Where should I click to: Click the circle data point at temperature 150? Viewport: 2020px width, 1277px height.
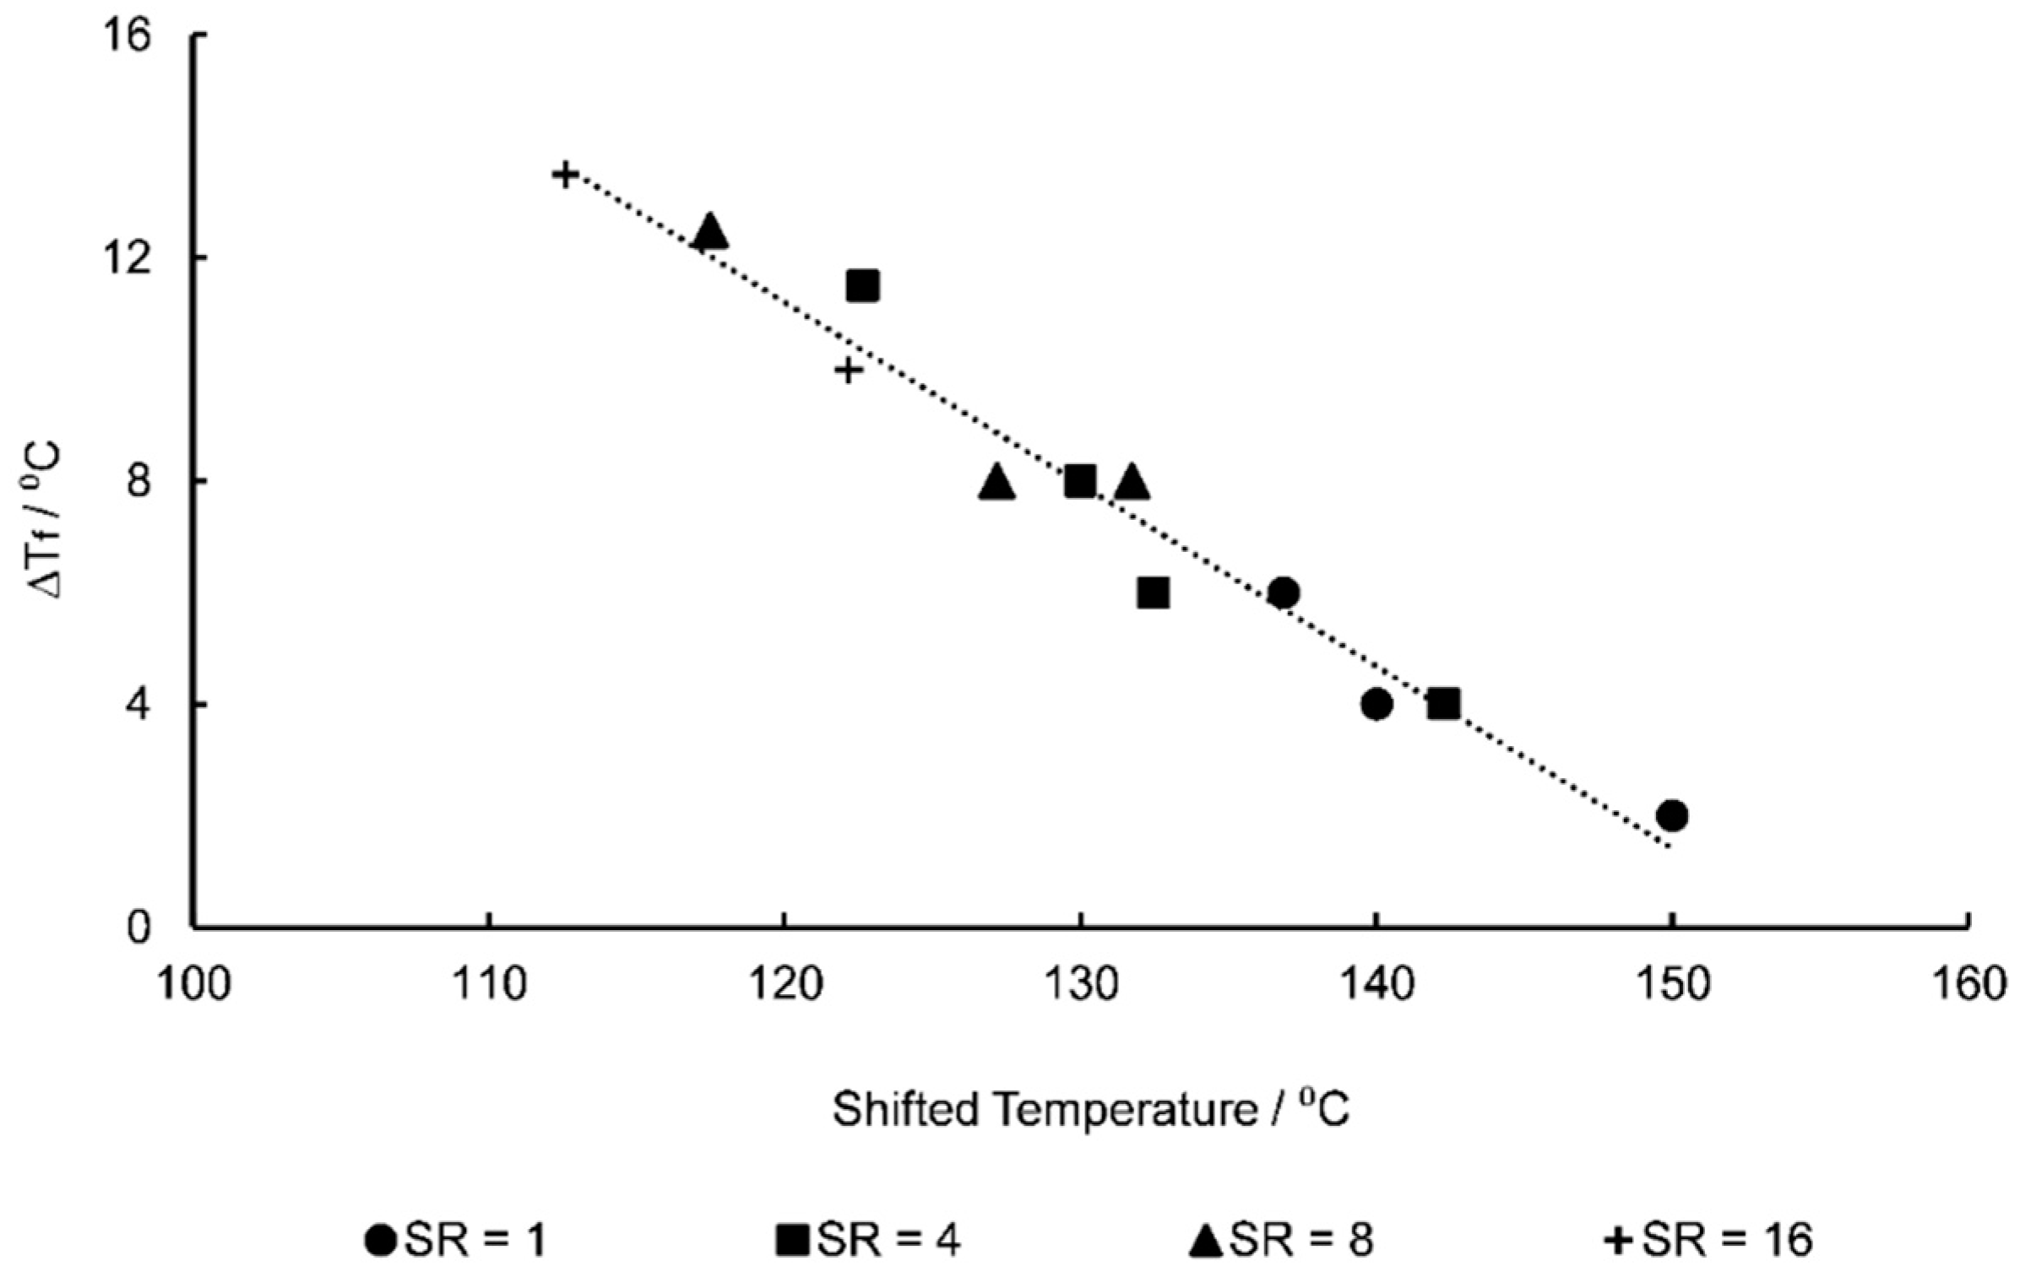tap(1671, 815)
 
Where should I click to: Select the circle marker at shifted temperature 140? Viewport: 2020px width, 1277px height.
tap(1376, 703)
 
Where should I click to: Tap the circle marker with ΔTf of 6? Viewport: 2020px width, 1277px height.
tap(1284, 593)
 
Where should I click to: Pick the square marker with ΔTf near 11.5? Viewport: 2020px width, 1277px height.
tap(863, 286)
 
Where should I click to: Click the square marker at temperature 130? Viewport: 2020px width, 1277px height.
tap(1080, 481)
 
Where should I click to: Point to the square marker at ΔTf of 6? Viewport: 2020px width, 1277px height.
tap(1153, 593)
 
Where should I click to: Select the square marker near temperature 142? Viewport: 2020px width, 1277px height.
tap(1444, 703)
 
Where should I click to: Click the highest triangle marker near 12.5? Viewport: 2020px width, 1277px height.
tap(709, 231)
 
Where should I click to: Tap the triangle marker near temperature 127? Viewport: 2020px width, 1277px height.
tap(997, 483)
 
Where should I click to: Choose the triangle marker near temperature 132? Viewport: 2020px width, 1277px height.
tap(1132, 483)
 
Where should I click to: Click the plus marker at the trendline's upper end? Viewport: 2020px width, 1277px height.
tap(565, 175)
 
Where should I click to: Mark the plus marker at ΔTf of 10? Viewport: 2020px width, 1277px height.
tap(849, 370)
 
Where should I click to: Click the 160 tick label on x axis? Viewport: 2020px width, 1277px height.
tap(1968, 985)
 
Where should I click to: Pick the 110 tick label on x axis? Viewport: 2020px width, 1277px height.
tap(489, 985)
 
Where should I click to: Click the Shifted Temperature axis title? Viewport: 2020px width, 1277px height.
tap(1091, 1110)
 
